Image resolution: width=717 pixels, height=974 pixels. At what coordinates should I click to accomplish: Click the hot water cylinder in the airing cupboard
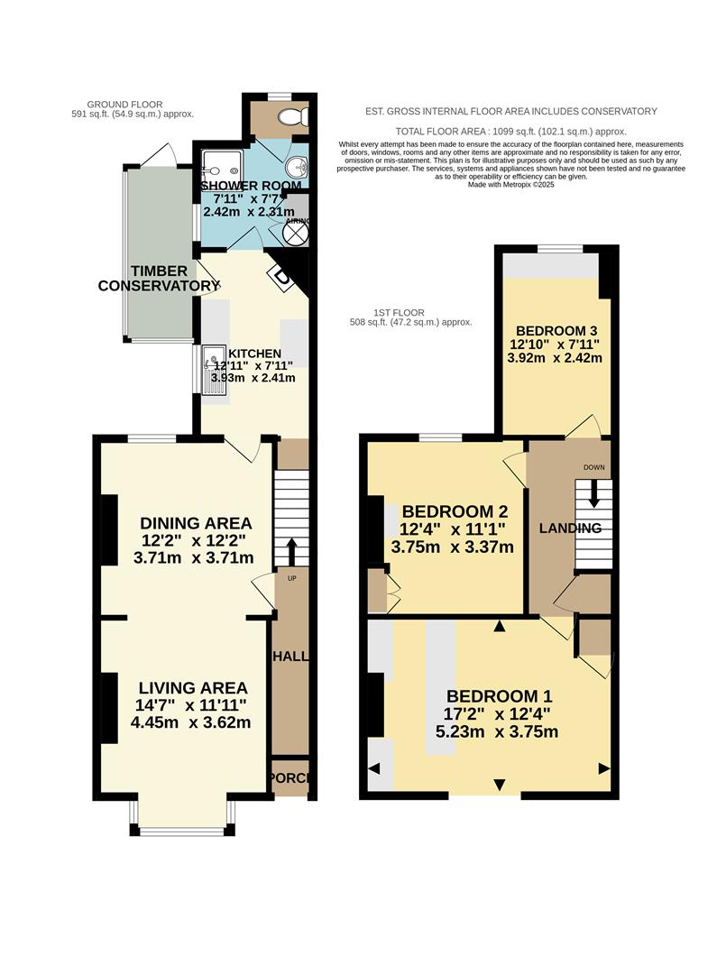(296, 232)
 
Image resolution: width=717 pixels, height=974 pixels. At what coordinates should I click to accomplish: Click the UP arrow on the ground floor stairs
(291, 547)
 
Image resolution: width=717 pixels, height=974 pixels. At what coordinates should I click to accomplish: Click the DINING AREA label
(196, 523)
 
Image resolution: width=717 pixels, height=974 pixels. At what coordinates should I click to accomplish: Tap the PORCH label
(290, 778)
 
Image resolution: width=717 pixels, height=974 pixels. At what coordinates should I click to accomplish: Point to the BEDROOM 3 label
(554, 329)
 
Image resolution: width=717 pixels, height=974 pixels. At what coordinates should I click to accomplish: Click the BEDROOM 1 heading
(499, 696)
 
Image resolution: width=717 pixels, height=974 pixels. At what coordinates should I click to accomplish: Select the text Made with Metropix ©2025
(510, 185)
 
